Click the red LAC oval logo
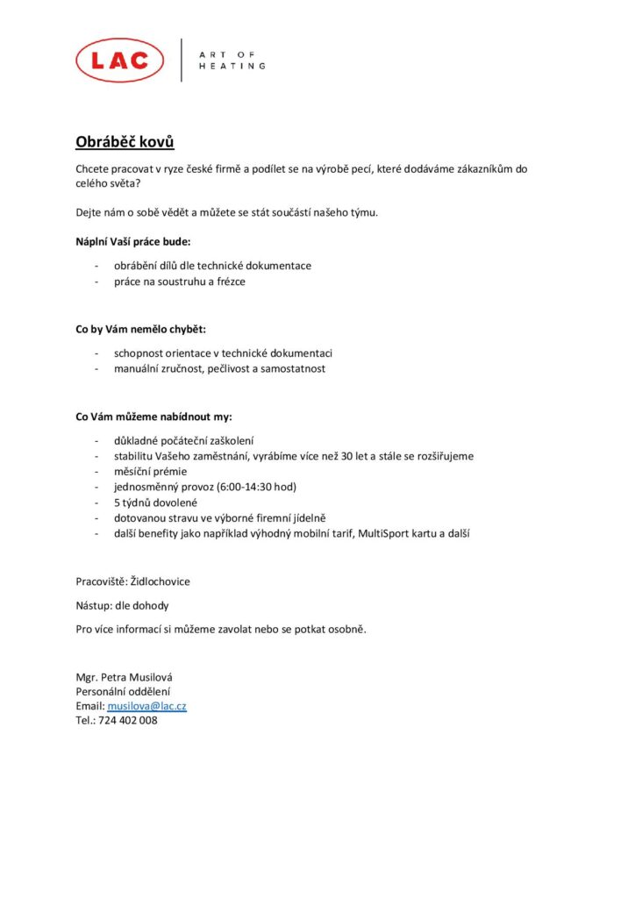point(119,61)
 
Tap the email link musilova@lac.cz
point(146,706)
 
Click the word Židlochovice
point(160,581)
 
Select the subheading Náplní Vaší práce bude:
point(132,240)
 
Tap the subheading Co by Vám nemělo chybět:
point(140,329)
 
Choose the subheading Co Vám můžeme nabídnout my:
point(153,417)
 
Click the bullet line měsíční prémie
point(152,471)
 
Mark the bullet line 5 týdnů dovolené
point(155,502)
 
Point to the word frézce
point(225,281)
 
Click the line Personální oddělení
point(122,691)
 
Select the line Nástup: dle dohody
point(122,605)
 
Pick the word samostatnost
point(293,368)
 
